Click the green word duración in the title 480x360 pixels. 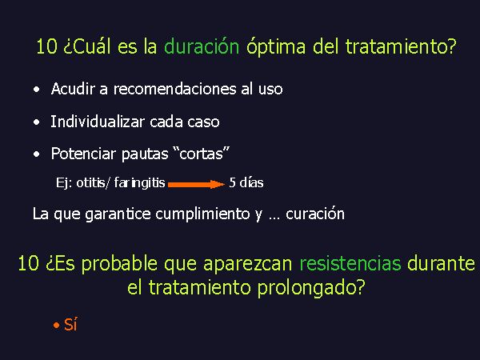(x=202, y=47)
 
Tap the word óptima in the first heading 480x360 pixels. (x=276, y=48)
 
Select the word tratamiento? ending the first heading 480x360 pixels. (x=401, y=47)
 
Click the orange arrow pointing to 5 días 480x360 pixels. (x=197, y=184)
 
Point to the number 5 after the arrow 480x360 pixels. (x=232, y=182)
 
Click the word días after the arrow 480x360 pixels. (x=251, y=182)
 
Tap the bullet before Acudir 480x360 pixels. (x=37, y=90)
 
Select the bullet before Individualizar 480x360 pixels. (x=37, y=122)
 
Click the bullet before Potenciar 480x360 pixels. (x=37, y=154)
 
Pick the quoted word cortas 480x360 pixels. (x=201, y=153)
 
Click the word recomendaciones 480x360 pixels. (x=174, y=89)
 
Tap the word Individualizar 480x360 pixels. (x=97, y=122)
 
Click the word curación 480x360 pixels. (x=315, y=214)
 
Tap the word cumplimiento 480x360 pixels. (x=202, y=214)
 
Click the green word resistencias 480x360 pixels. (x=350, y=264)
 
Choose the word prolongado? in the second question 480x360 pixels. (x=311, y=289)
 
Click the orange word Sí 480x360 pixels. (x=70, y=325)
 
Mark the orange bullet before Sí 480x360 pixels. (x=56, y=326)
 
